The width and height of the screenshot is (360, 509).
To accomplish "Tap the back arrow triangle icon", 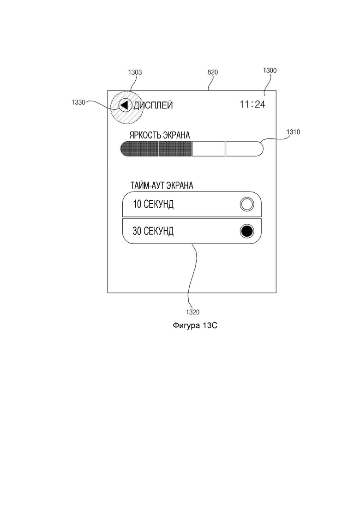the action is (124, 105).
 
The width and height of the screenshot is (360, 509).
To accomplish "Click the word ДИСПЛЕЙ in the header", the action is (153, 105).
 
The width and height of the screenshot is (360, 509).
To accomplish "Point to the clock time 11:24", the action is (252, 104).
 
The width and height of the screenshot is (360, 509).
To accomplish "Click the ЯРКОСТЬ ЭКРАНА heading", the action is (159, 135).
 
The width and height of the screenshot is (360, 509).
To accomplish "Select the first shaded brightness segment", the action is (139, 149).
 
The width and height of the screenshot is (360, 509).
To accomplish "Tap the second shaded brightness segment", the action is (175, 149).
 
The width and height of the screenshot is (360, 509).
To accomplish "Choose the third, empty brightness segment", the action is (209, 149).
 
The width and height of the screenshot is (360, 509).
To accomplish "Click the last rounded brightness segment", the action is (244, 149).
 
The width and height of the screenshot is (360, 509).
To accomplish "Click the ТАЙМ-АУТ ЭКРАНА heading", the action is (162, 186).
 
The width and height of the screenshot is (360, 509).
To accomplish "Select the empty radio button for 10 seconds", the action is (247, 204).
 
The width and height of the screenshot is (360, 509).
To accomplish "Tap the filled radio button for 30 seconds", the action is (247, 231).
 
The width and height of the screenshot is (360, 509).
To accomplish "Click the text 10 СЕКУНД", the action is (153, 204).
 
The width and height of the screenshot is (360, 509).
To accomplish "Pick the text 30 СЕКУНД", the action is (153, 231).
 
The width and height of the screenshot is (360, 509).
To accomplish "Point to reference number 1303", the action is (135, 72).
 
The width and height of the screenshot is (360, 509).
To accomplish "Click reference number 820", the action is (213, 72).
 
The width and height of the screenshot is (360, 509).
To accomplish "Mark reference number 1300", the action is (270, 71).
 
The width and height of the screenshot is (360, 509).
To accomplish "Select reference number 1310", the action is (293, 132).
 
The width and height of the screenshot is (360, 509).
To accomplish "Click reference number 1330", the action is (78, 102).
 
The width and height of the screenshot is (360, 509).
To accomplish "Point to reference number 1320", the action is (192, 312).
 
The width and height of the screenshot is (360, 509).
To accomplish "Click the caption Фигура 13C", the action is (195, 325).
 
